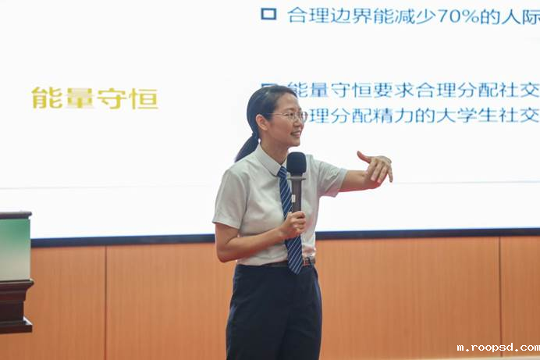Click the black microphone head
pyautogui.click(x=297, y=162)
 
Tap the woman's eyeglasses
pyautogui.click(x=291, y=116)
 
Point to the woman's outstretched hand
pyautogui.click(x=377, y=166)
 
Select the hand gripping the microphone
pyautogui.click(x=293, y=225)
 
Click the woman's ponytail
pyautogui.click(x=247, y=146)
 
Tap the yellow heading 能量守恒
pyautogui.click(x=94, y=98)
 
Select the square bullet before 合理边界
pyautogui.click(x=268, y=13)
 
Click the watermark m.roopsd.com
pyautogui.click(x=497, y=348)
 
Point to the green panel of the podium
pyautogui.click(x=15, y=248)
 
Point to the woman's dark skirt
pyautogui.click(x=273, y=312)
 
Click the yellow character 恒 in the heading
pyautogui.click(x=144, y=98)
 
